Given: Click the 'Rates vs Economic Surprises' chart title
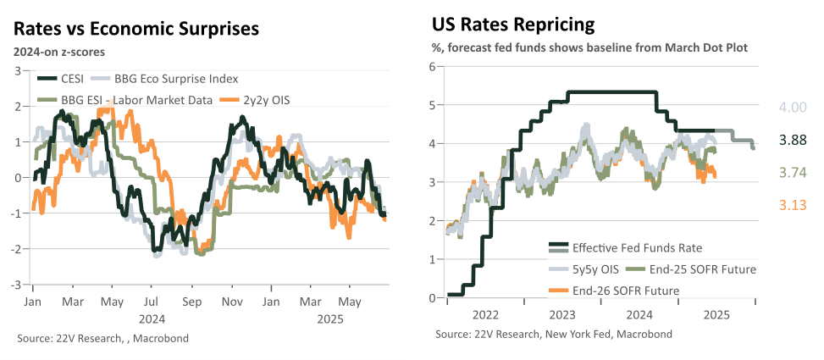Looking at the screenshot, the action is click(136, 29).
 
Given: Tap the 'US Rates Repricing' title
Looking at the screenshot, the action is click(513, 25).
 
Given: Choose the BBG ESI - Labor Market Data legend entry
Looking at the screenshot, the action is click(124, 100).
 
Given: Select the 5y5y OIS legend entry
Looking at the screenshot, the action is click(582, 269).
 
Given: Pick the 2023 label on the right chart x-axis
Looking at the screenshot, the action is click(562, 315).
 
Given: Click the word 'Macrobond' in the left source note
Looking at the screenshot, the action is click(160, 338).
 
